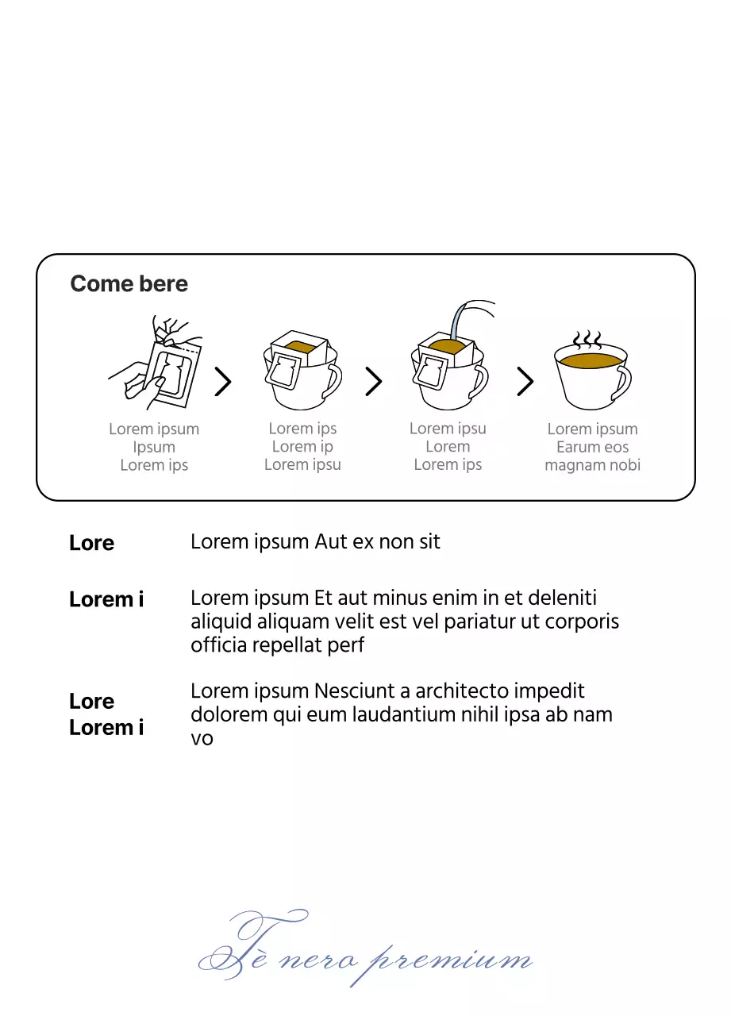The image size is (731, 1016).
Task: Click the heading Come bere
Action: tap(129, 284)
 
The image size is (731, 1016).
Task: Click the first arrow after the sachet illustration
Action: tap(223, 382)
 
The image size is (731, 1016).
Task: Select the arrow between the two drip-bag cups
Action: tap(374, 382)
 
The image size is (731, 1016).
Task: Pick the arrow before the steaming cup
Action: tap(525, 382)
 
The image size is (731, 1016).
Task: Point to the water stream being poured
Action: tap(460, 317)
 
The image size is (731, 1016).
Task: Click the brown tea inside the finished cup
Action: tap(591, 361)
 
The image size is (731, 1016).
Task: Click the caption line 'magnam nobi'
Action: tap(592, 465)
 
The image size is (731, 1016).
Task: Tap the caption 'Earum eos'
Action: tap(592, 447)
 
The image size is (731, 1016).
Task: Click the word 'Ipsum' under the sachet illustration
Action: tap(154, 447)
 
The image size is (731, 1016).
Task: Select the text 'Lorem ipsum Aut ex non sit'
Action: tap(315, 542)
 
